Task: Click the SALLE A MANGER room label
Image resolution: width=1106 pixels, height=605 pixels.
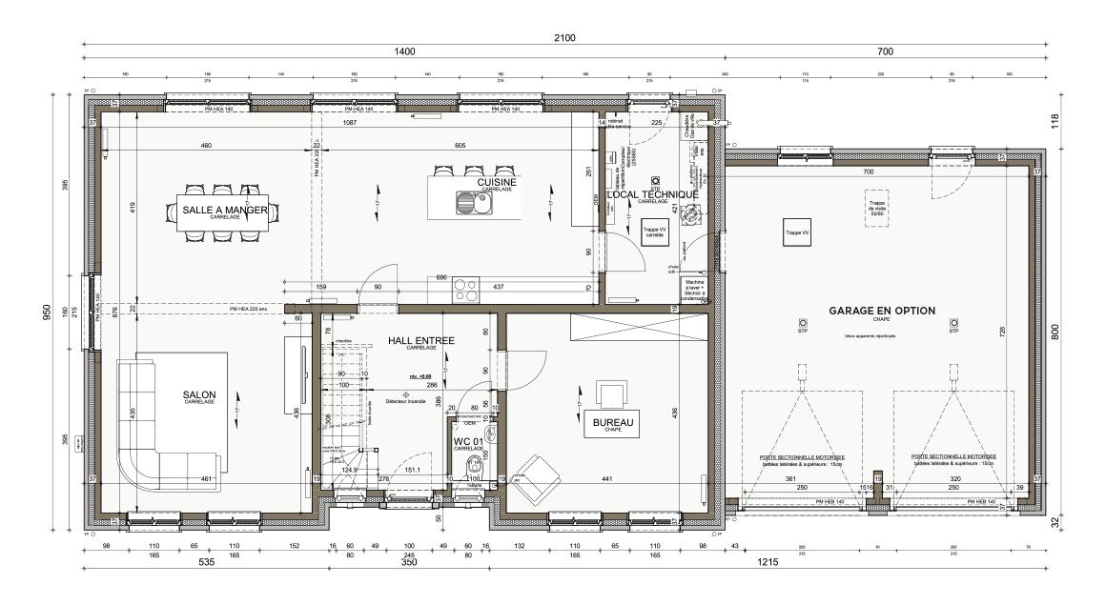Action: [225, 210]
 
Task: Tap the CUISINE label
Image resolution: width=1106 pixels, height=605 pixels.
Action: [497, 183]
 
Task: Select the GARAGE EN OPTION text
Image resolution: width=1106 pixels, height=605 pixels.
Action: [881, 311]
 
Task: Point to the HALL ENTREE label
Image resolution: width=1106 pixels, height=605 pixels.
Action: [420, 340]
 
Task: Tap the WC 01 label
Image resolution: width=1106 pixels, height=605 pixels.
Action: [469, 443]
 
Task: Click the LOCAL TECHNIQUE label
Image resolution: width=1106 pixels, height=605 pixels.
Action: [652, 194]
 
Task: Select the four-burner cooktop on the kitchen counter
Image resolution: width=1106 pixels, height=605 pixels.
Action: [466, 289]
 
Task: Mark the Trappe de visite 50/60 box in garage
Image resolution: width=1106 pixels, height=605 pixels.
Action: [874, 207]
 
